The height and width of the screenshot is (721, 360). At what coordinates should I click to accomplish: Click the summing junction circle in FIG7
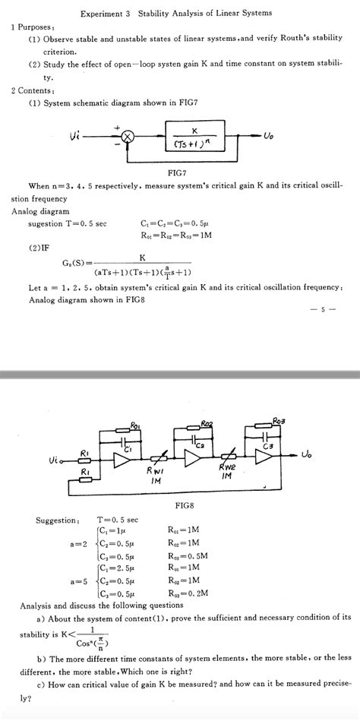[128, 136]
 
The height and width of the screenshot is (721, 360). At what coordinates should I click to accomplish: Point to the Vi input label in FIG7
[75, 135]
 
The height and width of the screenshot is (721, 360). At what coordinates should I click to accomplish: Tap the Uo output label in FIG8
[306, 455]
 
